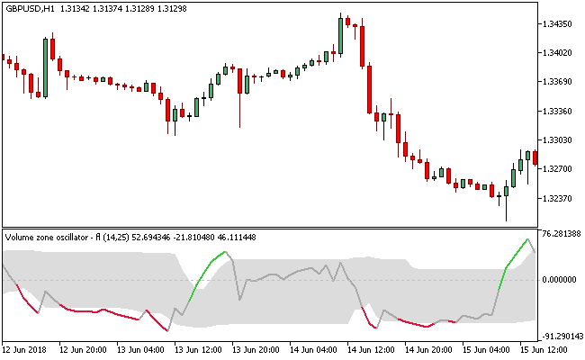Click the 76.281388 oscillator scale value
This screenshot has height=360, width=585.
(562, 234)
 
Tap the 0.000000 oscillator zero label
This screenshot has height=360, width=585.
(559, 279)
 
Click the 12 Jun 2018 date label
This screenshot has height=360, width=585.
(26, 349)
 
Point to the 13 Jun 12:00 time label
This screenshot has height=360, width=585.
(201, 349)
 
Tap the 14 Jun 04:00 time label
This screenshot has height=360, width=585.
(316, 349)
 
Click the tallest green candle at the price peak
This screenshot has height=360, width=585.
(341, 34)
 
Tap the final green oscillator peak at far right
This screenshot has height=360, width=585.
(526, 239)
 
